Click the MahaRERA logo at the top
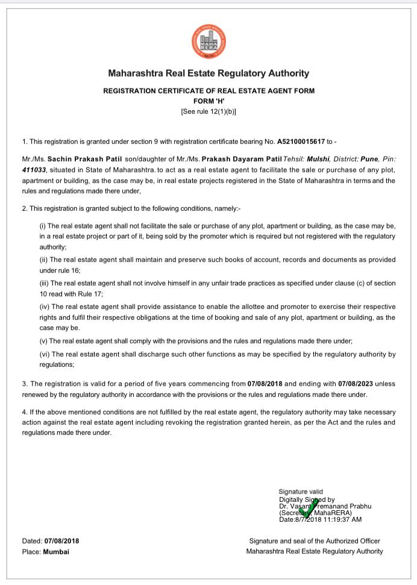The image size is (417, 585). coord(208,42)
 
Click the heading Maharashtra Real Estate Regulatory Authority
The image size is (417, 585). coord(208,74)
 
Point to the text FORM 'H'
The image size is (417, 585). coord(208,101)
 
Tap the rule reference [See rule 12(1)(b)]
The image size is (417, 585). coord(208,111)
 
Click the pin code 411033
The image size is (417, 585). coord(34,170)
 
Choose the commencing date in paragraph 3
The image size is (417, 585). coord(265,383)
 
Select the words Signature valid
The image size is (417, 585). coord(301,492)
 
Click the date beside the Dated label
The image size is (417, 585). coord(61,541)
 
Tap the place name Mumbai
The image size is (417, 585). coord(56,551)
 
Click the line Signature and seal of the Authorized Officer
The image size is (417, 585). coord(315,541)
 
